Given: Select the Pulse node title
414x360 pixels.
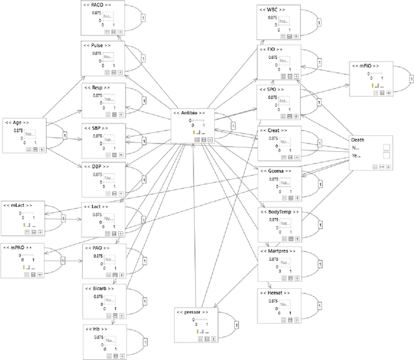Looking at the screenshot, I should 97,47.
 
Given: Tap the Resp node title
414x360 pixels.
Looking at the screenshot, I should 96,87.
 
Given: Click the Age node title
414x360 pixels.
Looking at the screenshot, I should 16,122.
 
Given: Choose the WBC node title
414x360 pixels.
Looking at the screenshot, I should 272,10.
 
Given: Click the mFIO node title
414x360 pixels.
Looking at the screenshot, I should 366,66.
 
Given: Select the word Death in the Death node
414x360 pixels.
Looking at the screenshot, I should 358,139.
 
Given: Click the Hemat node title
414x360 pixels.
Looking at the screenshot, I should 274,293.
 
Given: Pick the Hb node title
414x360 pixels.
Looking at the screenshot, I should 96,328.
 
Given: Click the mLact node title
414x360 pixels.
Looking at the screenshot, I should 17,205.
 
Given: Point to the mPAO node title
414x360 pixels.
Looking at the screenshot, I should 17,247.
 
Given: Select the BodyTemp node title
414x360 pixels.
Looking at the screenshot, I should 279,211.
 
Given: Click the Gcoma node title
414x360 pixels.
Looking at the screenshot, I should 276,171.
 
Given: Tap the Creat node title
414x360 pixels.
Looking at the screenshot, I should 274,131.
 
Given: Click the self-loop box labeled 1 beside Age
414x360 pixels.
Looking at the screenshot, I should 65,135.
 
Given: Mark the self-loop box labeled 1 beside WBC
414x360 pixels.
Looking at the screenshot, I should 319,23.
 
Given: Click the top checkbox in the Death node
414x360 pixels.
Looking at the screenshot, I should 386,147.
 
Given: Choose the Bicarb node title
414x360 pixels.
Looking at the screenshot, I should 98,288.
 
